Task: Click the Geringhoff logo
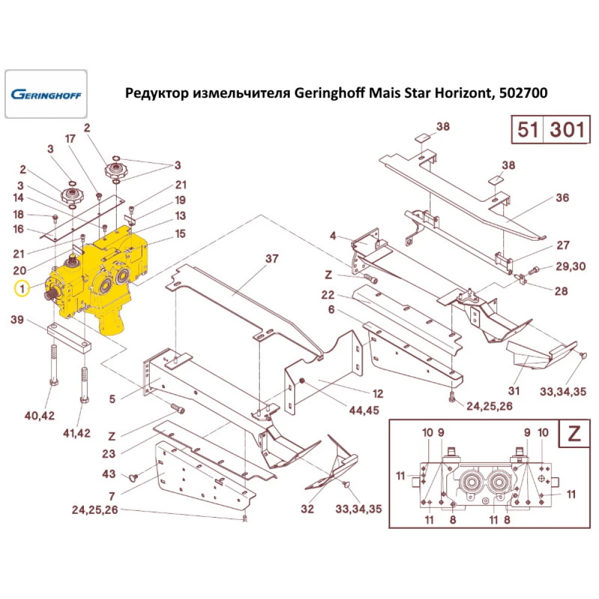[x=46, y=94]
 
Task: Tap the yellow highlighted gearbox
[x=99, y=276]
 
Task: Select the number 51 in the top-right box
[x=527, y=129]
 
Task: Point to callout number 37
[x=273, y=259]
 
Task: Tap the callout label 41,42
[x=77, y=433]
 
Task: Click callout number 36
[x=562, y=198]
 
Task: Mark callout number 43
[x=108, y=474]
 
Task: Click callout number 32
[x=307, y=509]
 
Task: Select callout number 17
[x=70, y=139]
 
